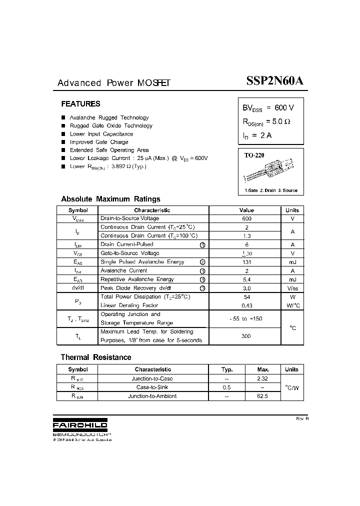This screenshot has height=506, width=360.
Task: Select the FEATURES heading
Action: (x=80, y=104)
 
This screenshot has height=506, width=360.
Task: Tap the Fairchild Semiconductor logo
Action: (x=80, y=425)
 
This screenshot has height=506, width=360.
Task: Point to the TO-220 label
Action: (x=254, y=155)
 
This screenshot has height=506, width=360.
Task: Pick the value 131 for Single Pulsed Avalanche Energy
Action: (x=246, y=262)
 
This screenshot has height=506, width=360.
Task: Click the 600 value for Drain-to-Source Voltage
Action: (x=246, y=218)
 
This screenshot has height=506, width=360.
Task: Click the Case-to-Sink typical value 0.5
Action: (x=226, y=387)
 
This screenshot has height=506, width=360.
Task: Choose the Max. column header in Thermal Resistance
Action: (x=262, y=369)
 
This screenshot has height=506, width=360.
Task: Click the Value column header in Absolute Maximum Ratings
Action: (x=246, y=210)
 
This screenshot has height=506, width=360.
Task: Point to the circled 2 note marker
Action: (x=202, y=262)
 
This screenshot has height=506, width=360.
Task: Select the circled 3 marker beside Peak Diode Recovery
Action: (x=202, y=288)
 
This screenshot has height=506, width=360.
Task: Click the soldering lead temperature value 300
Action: (x=246, y=336)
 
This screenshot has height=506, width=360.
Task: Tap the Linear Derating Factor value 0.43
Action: (x=246, y=305)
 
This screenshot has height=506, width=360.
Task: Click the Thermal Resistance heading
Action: (x=96, y=357)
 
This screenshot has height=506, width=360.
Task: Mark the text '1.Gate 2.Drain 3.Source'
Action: (x=270, y=190)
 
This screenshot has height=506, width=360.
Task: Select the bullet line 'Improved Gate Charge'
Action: (x=99, y=142)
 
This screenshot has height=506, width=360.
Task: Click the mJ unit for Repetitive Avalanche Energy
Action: (x=292, y=279)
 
